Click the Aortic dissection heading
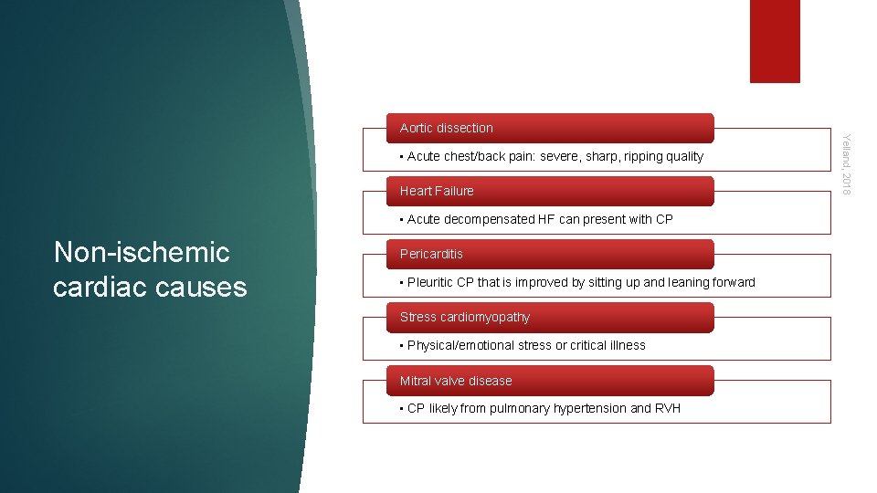[x=447, y=128]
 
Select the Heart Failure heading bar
[x=437, y=191]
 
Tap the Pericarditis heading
[x=431, y=254]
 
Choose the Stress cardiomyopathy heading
[x=464, y=317]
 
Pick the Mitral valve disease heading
[x=456, y=381]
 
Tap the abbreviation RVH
[x=668, y=408]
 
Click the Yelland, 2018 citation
[x=846, y=163]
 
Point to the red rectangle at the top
[x=775, y=41]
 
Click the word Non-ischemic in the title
[x=142, y=252]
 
